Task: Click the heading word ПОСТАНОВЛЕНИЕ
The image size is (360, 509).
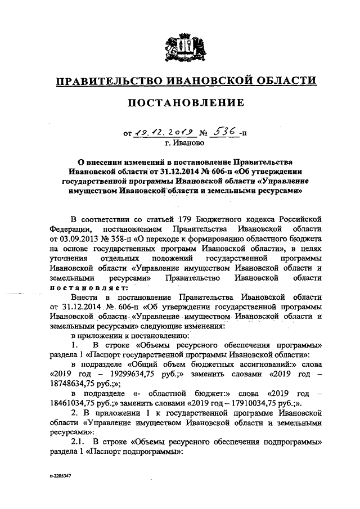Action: [180, 103]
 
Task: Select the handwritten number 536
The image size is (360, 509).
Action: [222, 132]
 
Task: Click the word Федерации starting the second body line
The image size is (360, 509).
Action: [68, 228]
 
